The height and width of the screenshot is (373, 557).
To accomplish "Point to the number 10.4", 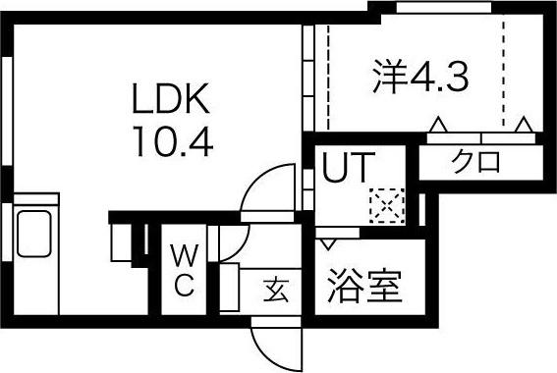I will click(x=170, y=143).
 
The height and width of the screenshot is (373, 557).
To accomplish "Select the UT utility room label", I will click(x=347, y=169).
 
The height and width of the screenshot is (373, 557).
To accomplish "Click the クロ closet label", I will click(x=476, y=160).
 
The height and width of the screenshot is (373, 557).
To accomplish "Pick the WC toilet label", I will click(x=184, y=271).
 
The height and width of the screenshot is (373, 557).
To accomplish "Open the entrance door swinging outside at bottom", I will click(x=273, y=342).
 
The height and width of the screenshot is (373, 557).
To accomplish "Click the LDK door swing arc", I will click(x=267, y=191).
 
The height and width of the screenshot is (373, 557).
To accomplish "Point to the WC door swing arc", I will click(x=236, y=243).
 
